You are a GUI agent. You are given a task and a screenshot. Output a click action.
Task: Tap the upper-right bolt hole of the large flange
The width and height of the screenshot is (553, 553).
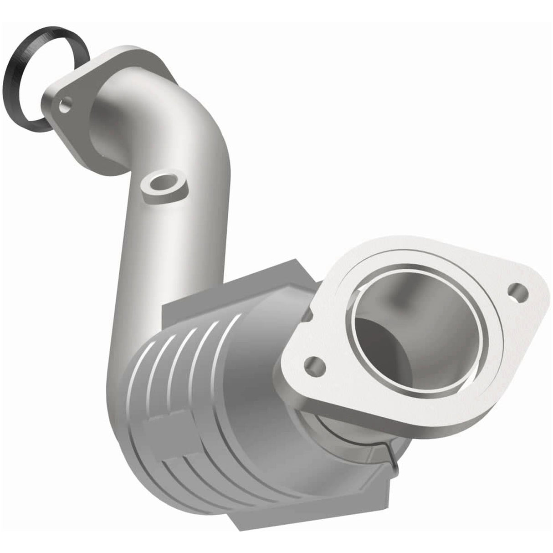517,291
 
